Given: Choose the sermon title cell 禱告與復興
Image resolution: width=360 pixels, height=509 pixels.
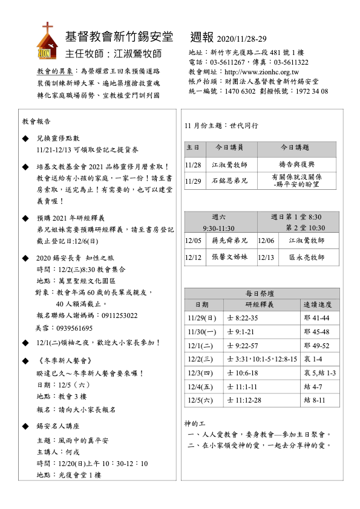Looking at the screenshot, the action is tap(295, 164).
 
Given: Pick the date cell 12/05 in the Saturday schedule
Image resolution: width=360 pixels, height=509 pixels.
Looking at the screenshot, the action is tap(193, 241).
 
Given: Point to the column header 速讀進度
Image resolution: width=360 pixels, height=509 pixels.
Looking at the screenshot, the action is tap(318, 304).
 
